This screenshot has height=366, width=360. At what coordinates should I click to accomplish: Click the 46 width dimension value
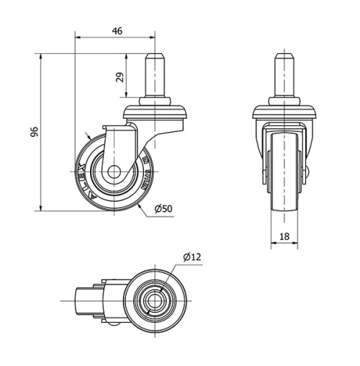pyautogui.click(x=117, y=31)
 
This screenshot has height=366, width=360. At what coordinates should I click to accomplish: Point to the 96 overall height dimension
pyautogui.click(x=34, y=131)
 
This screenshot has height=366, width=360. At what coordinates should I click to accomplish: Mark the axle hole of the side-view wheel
pyautogui.click(x=114, y=173)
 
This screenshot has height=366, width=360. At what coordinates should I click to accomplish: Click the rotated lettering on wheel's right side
pyautogui.click(x=145, y=173)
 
